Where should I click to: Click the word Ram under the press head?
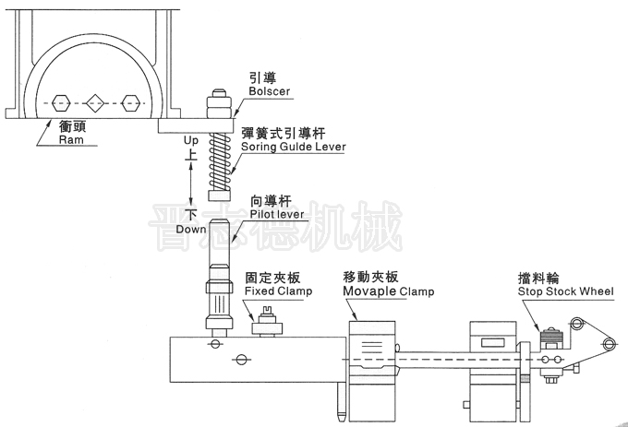[70, 141]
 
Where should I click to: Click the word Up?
[191, 140]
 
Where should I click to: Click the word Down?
[191, 228]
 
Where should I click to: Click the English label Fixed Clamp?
[278, 291]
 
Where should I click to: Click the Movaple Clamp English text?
[388, 291]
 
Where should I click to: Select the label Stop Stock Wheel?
[566, 291]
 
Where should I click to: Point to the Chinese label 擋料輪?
[537, 278]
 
